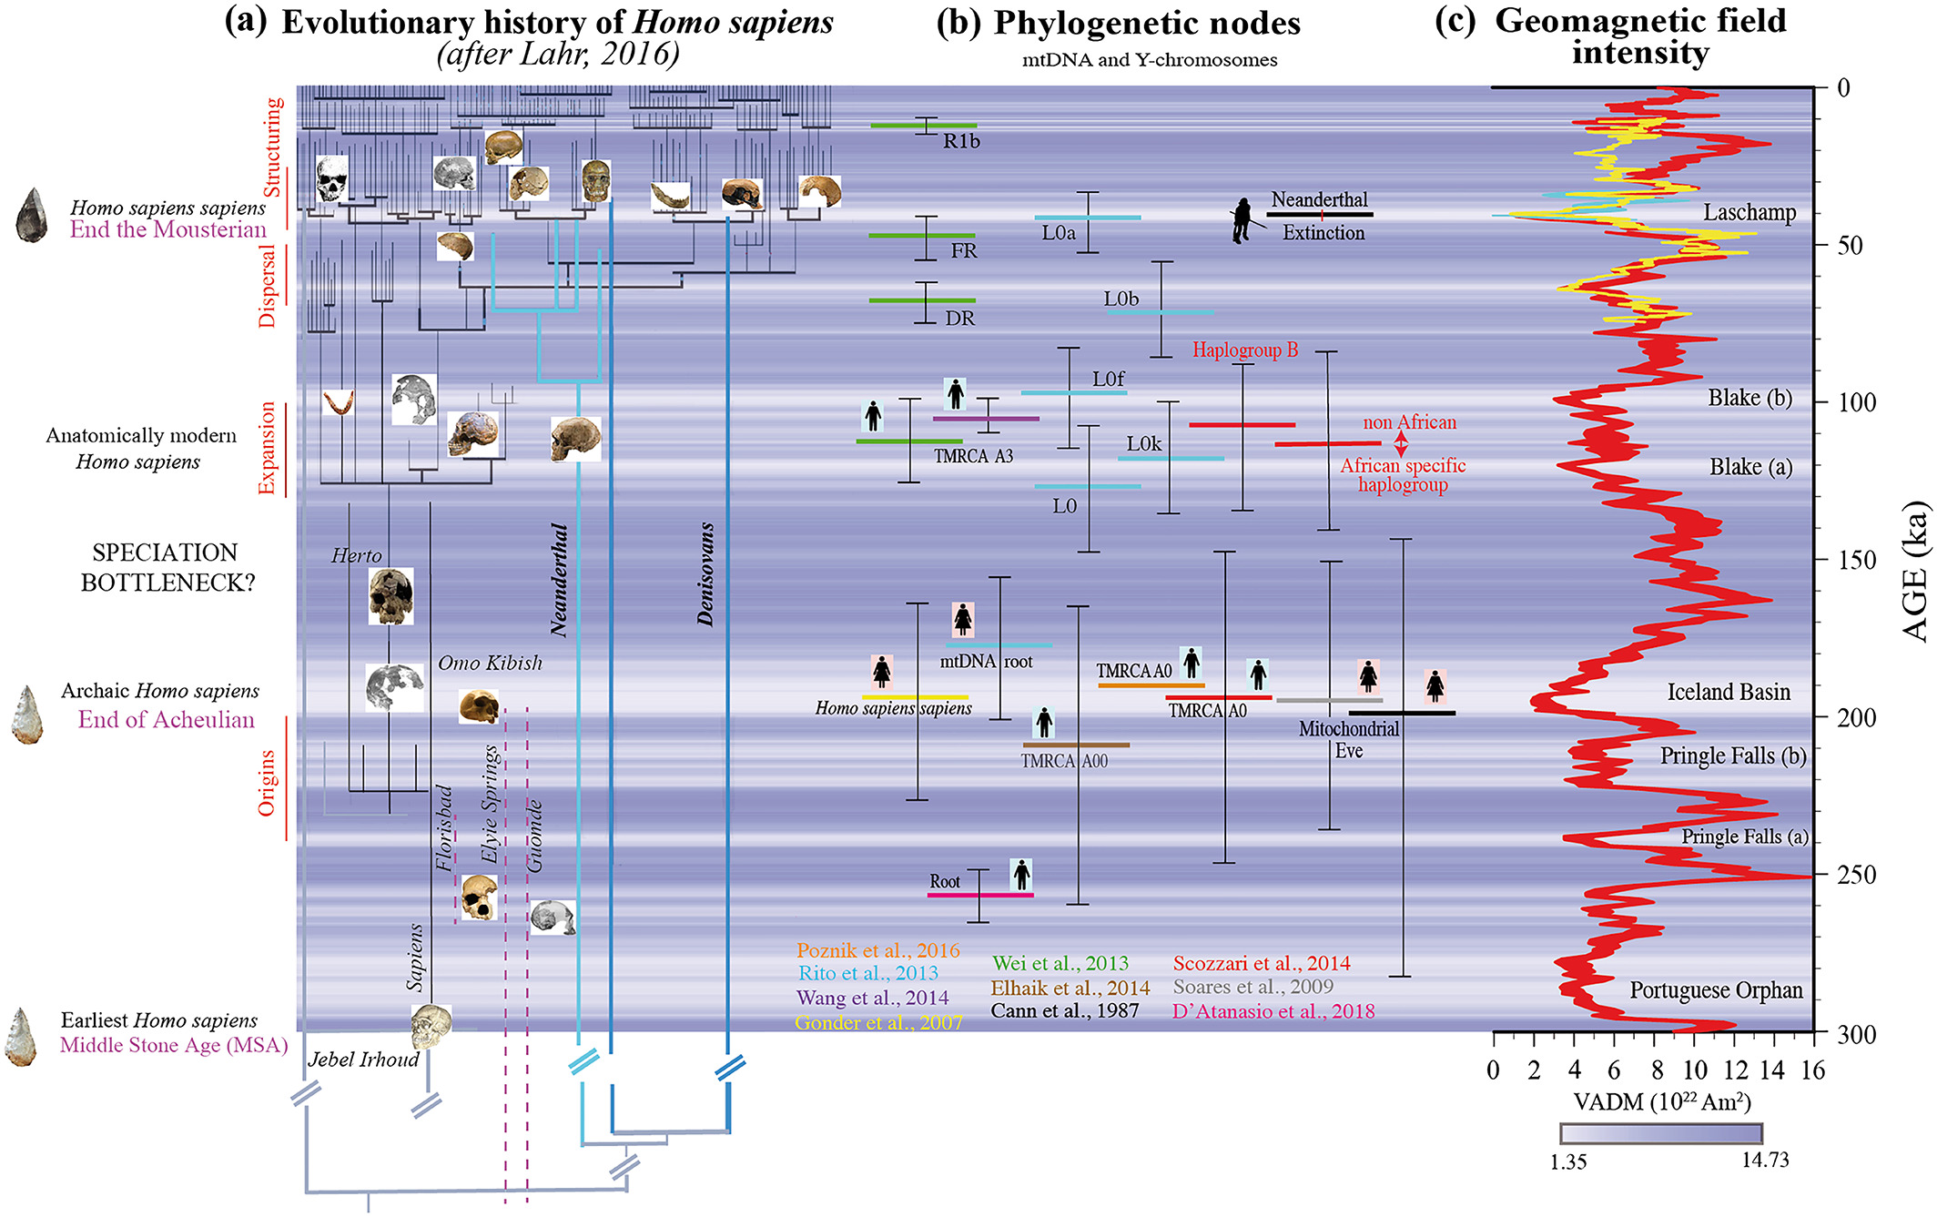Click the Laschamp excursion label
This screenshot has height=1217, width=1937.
click(1749, 213)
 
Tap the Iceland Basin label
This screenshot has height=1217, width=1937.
click(1728, 692)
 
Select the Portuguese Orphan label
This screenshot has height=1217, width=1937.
click(1716, 990)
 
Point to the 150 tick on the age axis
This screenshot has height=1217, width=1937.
click(1857, 560)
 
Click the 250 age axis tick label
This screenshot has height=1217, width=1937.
click(1857, 875)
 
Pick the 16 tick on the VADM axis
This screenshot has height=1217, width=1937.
click(1813, 1070)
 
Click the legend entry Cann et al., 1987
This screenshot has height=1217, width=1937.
click(1064, 1011)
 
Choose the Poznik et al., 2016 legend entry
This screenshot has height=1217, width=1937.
click(877, 950)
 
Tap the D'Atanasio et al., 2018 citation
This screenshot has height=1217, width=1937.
click(1273, 1011)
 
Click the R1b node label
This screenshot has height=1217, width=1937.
click(961, 141)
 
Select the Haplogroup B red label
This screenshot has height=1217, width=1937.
click(1245, 350)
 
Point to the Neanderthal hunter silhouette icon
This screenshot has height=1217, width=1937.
click(1243, 221)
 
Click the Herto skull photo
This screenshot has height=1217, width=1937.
click(390, 596)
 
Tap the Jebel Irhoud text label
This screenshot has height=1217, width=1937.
click(363, 1060)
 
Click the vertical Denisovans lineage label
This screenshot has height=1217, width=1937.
click(705, 574)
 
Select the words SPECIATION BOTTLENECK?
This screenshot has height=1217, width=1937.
click(165, 568)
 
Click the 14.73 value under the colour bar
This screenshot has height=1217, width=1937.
click(1765, 1161)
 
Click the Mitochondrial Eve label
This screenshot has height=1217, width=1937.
click(1348, 740)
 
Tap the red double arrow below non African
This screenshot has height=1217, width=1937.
click(1402, 443)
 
